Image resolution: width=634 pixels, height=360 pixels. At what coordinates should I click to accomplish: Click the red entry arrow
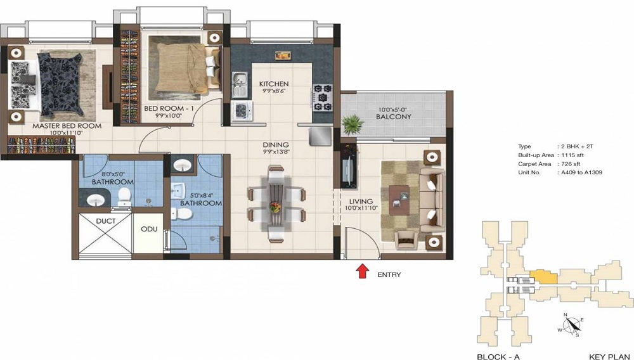click(x=362, y=271)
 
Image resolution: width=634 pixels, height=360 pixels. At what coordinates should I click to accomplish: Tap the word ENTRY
click(x=389, y=274)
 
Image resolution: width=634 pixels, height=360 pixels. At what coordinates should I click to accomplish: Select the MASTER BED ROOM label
click(x=67, y=126)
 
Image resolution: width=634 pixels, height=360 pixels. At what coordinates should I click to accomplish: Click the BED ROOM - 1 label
click(x=167, y=109)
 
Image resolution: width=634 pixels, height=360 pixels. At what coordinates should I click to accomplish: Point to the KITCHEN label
click(x=274, y=84)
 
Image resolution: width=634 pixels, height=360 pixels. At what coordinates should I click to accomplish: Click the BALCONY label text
click(x=393, y=117)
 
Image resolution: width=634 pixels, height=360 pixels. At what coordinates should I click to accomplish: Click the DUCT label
click(x=105, y=221)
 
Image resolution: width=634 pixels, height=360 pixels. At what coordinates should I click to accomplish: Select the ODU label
click(x=149, y=229)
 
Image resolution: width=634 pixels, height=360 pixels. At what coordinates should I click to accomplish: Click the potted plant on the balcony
click(x=353, y=122)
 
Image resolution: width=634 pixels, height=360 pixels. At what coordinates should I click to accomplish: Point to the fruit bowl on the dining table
click(x=275, y=206)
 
